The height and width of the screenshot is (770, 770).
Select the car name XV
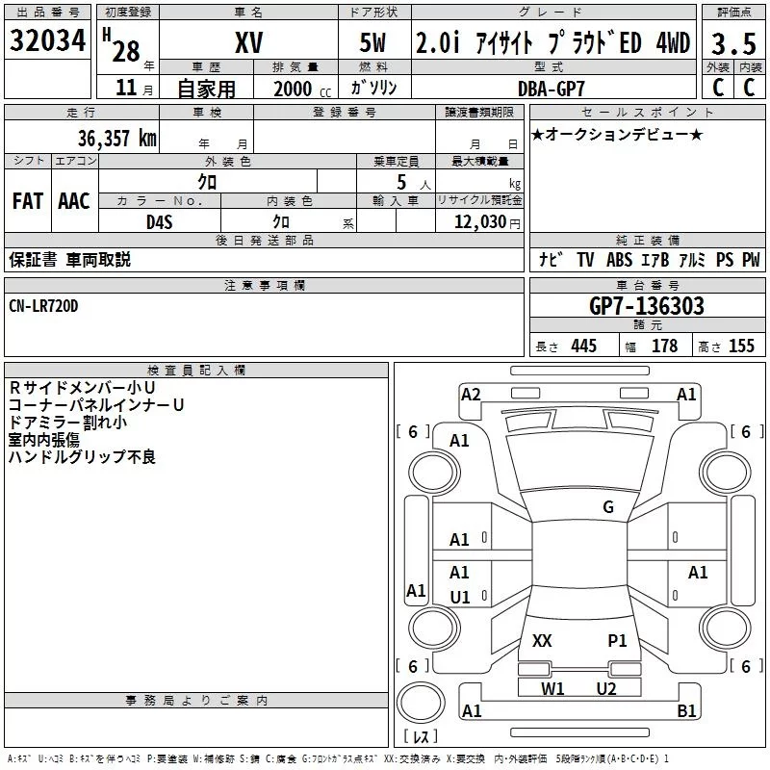pyautogui.click(x=248, y=42)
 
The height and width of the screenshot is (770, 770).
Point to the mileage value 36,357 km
pyautogui.click(x=115, y=138)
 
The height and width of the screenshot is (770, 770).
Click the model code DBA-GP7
pyautogui.click(x=550, y=88)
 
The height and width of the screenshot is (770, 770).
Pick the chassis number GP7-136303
pyautogui.click(x=646, y=306)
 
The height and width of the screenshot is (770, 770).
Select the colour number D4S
pyautogui.click(x=159, y=222)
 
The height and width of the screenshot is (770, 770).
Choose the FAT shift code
pyautogui.click(x=28, y=201)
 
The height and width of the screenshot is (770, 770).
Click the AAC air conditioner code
pyautogui.click(x=74, y=201)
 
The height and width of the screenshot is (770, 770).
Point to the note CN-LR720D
pyautogui.click(x=44, y=305)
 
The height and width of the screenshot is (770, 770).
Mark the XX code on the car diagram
pyautogui.click(x=542, y=640)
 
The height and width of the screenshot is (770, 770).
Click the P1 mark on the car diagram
pyautogui.click(x=617, y=640)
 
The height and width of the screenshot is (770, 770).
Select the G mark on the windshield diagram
pyautogui.click(x=607, y=507)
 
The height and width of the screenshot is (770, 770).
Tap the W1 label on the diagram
pyautogui.click(x=552, y=688)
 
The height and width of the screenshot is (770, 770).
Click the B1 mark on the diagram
pyautogui.click(x=686, y=711)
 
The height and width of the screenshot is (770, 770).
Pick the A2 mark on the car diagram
pyautogui.click(x=471, y=394)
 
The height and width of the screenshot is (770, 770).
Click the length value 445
pyautogui.click(x=583, y=346)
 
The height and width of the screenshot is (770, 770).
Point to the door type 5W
pyautogui.click(x=375, y=42)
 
